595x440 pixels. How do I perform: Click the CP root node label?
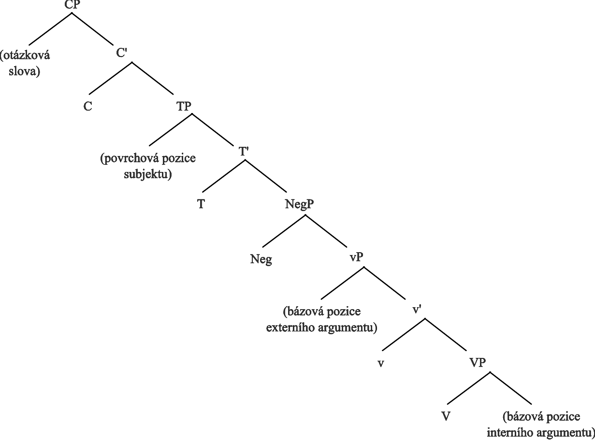pos(72,4)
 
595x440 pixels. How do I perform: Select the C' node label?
pos(121,53)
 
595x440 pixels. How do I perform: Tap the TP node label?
pos(184,106)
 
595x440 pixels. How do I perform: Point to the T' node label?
pos(244,152)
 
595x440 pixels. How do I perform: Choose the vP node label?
pos(357,257)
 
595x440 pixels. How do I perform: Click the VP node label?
pos(478,363)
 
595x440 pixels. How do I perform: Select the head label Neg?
pos(261,259)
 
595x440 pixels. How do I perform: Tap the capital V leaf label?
pos(446,416)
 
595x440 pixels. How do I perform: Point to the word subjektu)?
pos(148,175)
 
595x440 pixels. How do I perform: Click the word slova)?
pos(25,72)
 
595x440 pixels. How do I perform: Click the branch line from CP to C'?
pos(92,28)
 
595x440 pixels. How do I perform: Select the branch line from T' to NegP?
pos(266,176)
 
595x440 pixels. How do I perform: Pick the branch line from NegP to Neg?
pos(284,231)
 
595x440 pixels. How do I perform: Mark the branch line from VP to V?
pos(469,388)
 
